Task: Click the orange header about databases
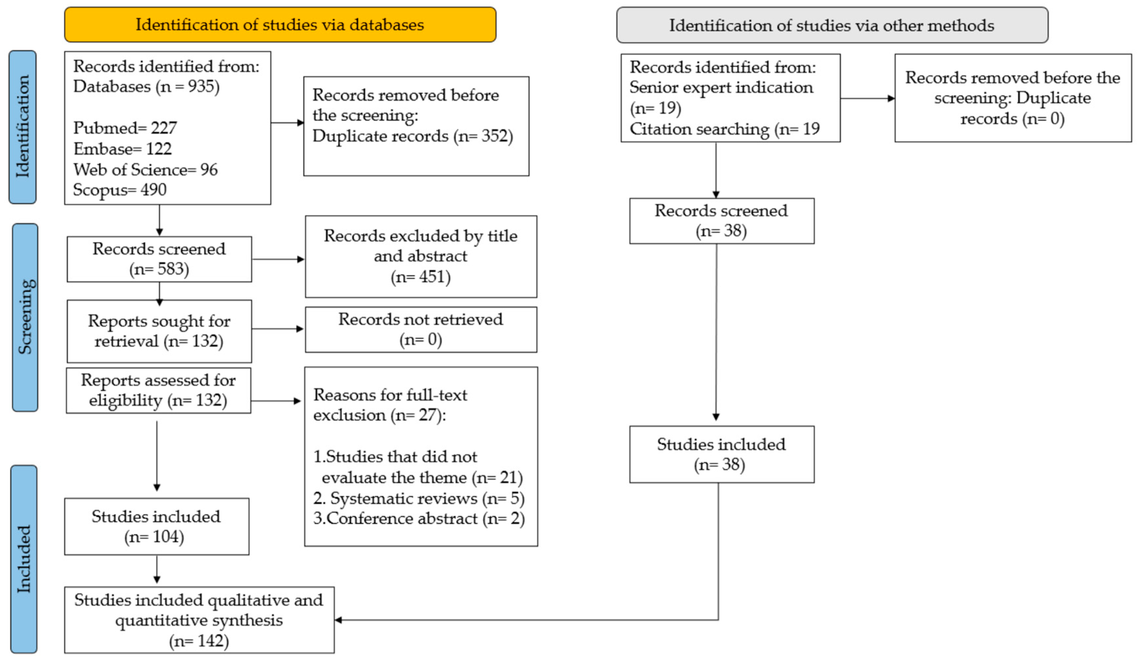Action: (280, 25)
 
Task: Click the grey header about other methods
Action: (832, 25)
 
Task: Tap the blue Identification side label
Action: (22, 127)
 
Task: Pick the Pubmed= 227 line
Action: (125, 128)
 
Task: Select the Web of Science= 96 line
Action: (146, 169)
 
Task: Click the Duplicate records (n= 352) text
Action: (412, 136)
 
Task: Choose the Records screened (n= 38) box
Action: (721, 221)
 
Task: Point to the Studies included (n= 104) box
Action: (156, 526)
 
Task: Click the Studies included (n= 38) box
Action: (721, 454)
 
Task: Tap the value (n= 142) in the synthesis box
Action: (199, 641)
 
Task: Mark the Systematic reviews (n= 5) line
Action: (419, 498)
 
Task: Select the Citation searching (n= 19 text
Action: (724, 129)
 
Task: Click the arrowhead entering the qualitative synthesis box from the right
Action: (339, 620)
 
